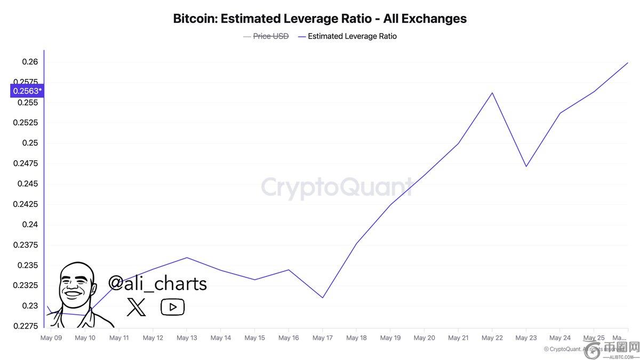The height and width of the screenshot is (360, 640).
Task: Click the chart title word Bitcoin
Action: click(195, 19)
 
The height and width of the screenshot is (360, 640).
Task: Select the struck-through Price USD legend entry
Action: click(270, 36)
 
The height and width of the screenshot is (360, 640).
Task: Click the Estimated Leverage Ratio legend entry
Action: click(352, 36)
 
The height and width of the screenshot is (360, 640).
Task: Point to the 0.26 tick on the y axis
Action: click(30, 62)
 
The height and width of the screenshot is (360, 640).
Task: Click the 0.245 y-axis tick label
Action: click(28, 184)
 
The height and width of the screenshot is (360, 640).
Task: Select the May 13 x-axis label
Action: click(187, 338)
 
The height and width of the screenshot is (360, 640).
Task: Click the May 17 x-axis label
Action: click(322, 338)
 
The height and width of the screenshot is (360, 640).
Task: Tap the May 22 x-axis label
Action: click(492, 338)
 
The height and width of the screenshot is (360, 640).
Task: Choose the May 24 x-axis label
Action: click(559, 338)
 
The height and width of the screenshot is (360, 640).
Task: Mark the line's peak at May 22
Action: click(492, 93)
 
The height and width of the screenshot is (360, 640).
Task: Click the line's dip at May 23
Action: click(526, 166)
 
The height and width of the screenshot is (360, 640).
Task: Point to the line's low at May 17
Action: click(323, 298)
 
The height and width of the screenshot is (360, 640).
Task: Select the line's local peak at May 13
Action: click(187, 258)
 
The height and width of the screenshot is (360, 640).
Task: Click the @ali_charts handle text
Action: click(157, 283)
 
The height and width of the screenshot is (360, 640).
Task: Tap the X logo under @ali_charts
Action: click(137, 307)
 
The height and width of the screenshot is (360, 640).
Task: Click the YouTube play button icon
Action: click(172, 307)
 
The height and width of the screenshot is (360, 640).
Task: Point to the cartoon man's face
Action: click(76, 288)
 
